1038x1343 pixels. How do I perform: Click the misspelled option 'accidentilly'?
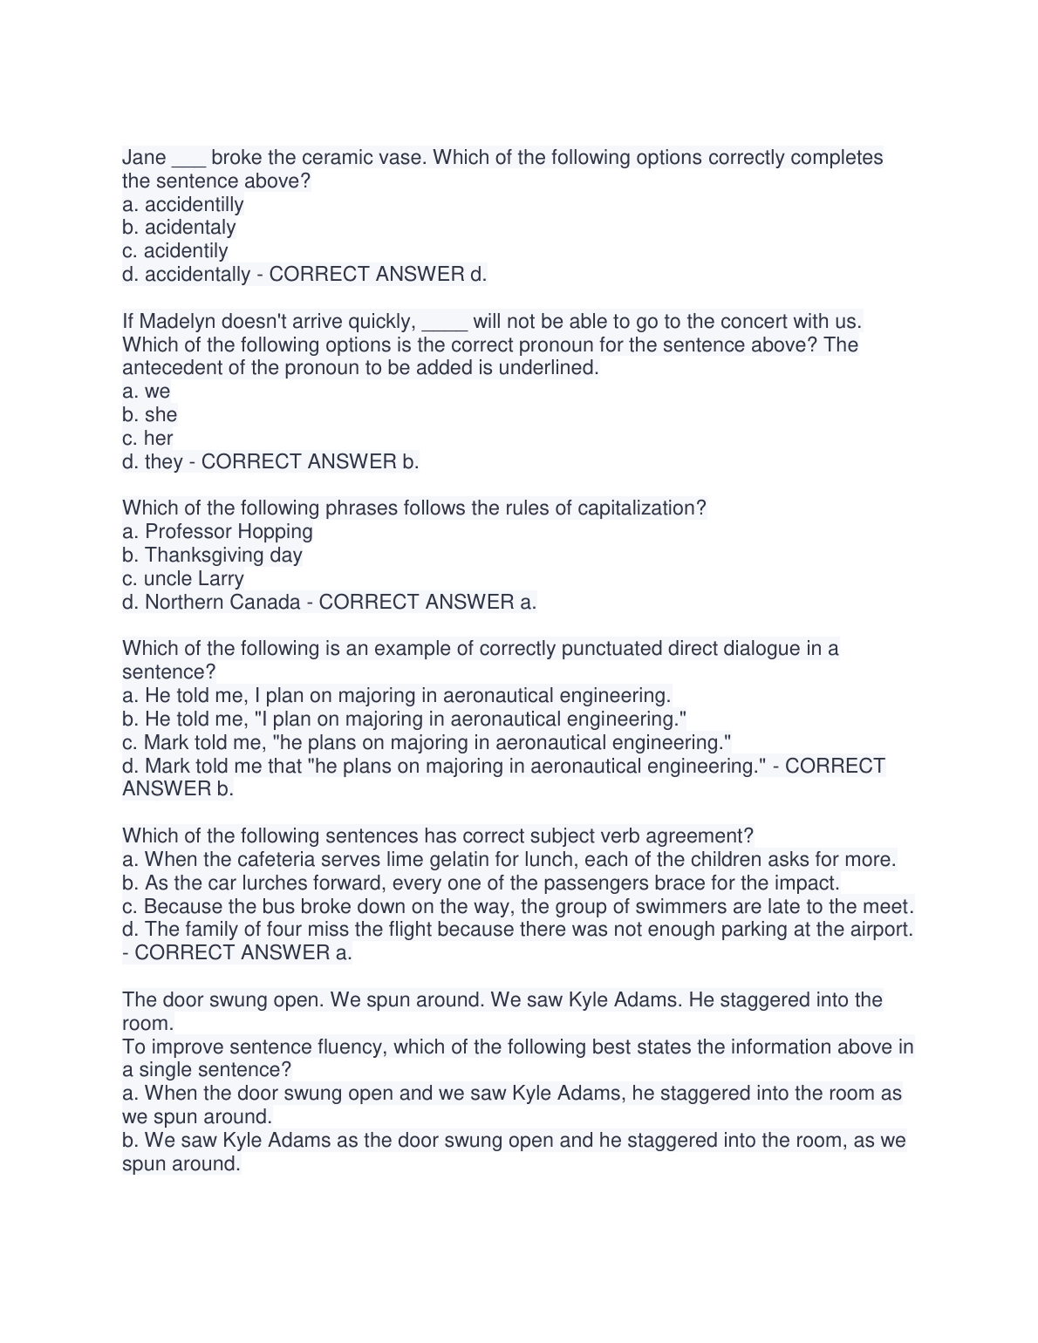[x=194, y=205]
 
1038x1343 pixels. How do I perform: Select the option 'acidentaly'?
[x=190, y=228]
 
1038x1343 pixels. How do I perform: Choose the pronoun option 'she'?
[x=161, y=415]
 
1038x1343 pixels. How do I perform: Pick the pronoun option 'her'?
[x=159, y=439]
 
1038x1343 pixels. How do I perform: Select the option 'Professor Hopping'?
[x=229, y=532]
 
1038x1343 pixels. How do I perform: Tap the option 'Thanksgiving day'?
[x=223, y=556]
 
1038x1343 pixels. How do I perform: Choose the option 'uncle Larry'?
[x=194, y=579]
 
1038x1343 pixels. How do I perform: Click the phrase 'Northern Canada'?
[x=222, y=603]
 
